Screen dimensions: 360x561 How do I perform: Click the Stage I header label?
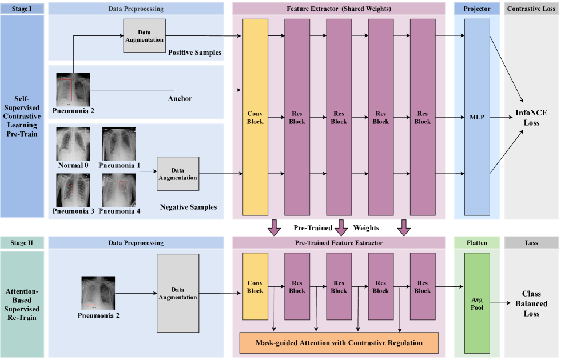[22, 9]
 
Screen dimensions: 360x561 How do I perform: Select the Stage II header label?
[22, 243]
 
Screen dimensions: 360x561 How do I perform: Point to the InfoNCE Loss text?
[531, 117]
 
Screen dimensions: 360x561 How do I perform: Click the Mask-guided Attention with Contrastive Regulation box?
[339, 343]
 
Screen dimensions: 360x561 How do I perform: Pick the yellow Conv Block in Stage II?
[255, 286]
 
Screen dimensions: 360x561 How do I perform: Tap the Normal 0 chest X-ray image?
[73, 143]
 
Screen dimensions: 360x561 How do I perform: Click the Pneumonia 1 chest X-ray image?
[118, 143]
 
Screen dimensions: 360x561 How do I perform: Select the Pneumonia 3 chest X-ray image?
[73, 190]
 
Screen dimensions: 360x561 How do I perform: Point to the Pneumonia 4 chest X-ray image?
[118, 190]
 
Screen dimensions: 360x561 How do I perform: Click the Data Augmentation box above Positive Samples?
[144, 35]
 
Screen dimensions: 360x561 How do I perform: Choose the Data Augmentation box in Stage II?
[177, 293]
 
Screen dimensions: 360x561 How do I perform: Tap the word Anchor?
[180, 99]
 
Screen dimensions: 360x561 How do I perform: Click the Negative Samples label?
[188, 207]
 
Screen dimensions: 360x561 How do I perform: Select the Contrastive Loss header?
[531, 9]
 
